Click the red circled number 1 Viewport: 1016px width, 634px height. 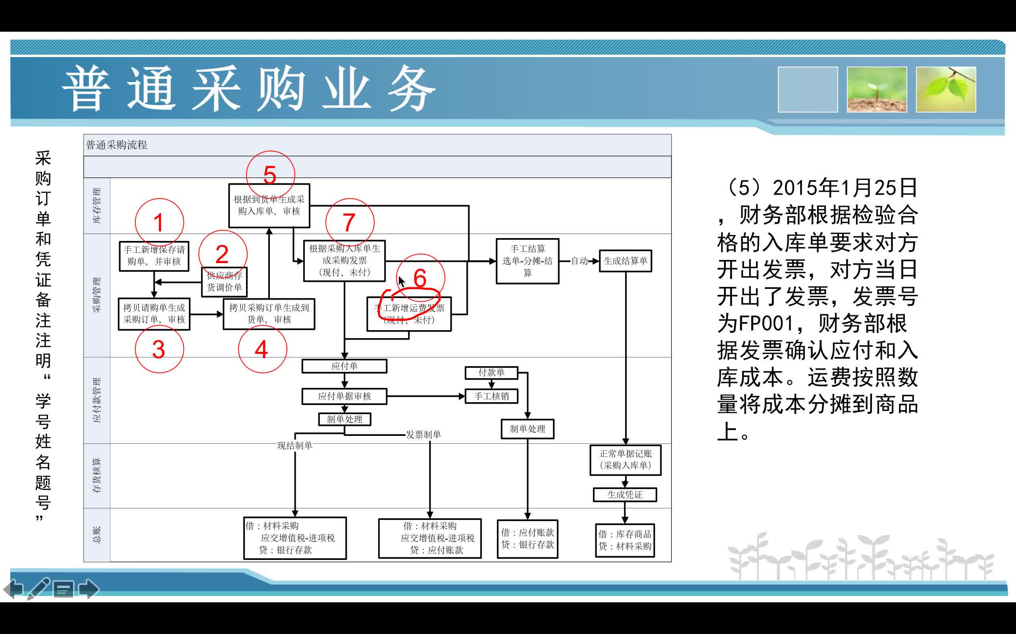(x=159, y=222)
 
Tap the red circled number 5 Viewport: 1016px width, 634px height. (x=270, y=175)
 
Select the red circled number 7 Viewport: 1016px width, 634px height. (x=349, y=222)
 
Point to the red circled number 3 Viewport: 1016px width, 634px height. (x=159, y=349)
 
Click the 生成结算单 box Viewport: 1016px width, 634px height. (x=625, y=261)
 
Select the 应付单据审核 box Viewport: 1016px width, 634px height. (x=344, y=396)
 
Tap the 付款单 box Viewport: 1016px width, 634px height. (x=491, y=372)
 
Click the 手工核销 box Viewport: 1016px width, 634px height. (x=491, y=396)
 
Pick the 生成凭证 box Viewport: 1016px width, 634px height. (x=625, y=495)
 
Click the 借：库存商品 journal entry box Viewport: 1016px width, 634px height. (x=625, y=540)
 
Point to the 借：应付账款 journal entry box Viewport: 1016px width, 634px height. (x=527, y=539)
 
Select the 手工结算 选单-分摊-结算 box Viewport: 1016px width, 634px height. (x=527, y=261)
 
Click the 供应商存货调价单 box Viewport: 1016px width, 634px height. (x=224, y=282)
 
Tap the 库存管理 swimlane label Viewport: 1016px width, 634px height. (x=97, y=206)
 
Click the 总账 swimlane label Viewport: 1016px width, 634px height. (x=97, y=535)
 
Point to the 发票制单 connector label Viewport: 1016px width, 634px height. (x=423, y=434)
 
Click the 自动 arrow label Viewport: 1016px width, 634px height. (x=579, y=261)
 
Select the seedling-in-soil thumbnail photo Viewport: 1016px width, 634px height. (x=877, y=89)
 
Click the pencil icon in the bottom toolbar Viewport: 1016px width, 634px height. (x=38, y=588)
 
